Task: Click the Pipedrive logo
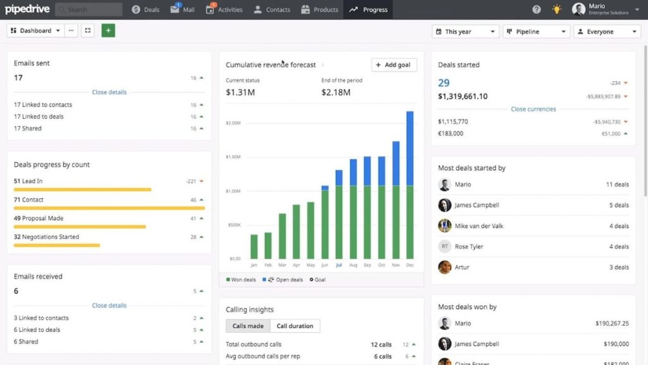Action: point(27,10)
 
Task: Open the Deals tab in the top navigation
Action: point(146,10)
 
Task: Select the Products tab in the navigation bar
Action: point(320,10)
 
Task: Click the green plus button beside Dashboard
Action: point(108,30)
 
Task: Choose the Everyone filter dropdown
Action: point(607,31)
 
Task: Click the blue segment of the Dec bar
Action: point(409,148)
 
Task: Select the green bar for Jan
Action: point(254,247)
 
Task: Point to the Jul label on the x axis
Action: point(339,265)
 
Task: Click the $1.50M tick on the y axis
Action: point(234,157)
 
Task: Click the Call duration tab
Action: point(295,326)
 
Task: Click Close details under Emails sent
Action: point(109,92)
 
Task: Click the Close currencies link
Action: point(533,109)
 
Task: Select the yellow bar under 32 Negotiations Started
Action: point(57,245)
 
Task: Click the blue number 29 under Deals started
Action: point(444,82)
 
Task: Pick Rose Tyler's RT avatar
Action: point(444,247)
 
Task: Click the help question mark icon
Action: point(537,10)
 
